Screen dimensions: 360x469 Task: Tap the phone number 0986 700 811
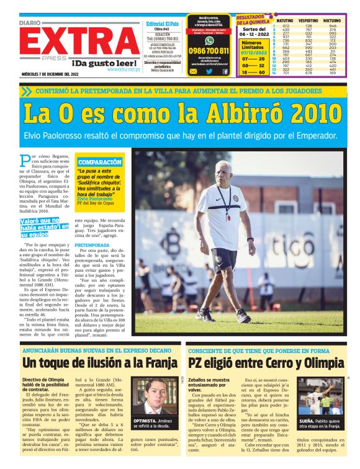(x=209, y=50)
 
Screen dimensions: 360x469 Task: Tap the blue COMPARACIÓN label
(x=99, y=161)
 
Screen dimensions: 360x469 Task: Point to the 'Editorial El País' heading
(x=162, y=24)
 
